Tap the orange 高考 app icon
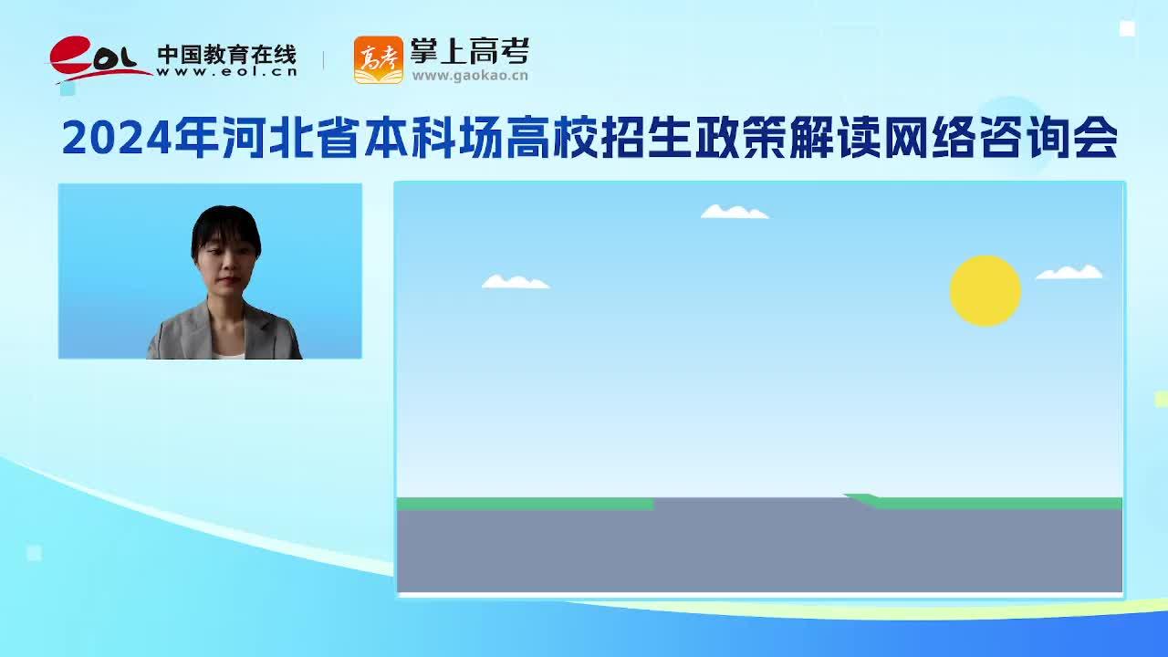click(379, 60)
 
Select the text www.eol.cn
click(227, 72)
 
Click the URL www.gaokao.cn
click(470, 76)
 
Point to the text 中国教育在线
click(227, 55)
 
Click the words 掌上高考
click(470, 51)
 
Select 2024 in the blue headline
click(117, 138)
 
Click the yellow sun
click(985, 291)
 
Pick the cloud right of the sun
click(1069, 272)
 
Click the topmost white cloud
click(735, 211)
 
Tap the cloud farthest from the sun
click(516, 282)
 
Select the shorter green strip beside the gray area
click(525, 504)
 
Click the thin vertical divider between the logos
click(323, 60)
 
